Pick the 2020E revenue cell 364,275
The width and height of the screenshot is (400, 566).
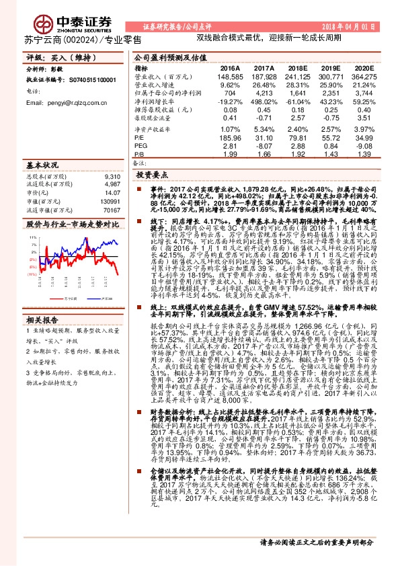pos(363,77)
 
